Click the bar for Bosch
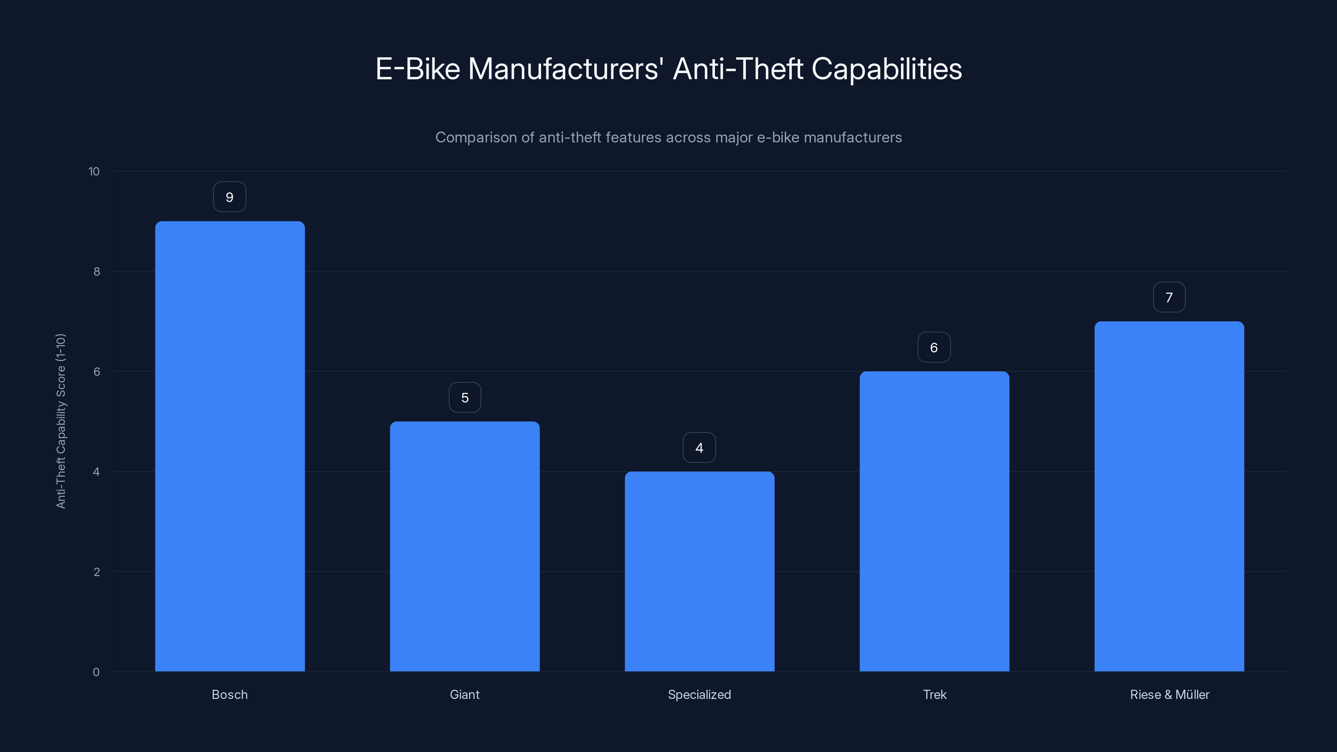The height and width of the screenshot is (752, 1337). (x=230, y=446)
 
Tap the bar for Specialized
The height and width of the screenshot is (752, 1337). (x=699, y=571)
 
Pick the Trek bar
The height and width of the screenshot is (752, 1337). (x=934, y=521)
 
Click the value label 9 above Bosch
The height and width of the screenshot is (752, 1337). (x=229, y=197)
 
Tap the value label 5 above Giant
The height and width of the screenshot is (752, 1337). (x=465, y=398)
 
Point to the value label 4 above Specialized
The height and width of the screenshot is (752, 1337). (x=699, y=448)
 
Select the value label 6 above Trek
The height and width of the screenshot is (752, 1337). (x=934, y=348)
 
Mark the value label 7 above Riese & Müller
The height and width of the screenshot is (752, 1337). (x=1169, y=297)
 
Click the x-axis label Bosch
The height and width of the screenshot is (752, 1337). (x=229, y=694)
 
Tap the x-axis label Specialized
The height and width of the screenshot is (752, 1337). (x=699, y=694)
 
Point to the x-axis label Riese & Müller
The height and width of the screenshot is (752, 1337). (x=1169, y=694)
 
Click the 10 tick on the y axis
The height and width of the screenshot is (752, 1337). (x=94, y=171)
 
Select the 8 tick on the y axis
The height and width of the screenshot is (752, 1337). (x=97, y=272)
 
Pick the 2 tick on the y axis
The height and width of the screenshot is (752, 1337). (x=97, y=572)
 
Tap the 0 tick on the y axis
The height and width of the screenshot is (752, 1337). (x=96, y=672)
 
